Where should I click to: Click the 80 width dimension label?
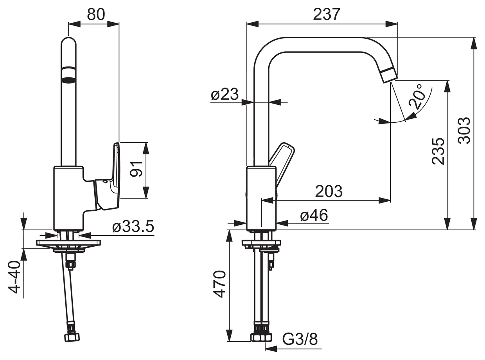click(96, 14)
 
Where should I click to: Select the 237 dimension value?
click(327, 14)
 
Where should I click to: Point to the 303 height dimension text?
click(464, 131)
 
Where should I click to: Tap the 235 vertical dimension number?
click(438, 151)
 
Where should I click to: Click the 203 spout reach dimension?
click(329, 191)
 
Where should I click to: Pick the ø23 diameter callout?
click(225, 95)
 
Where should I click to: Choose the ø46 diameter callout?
click(314, 215)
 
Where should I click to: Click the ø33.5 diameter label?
click(133, 226)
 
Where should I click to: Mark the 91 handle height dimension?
click(136, 169)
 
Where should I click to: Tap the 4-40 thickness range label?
click(14, 277)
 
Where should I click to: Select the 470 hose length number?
click(219, 284)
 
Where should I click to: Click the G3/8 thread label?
click(300, 339)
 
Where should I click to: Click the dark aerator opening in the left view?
click(68, 80)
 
